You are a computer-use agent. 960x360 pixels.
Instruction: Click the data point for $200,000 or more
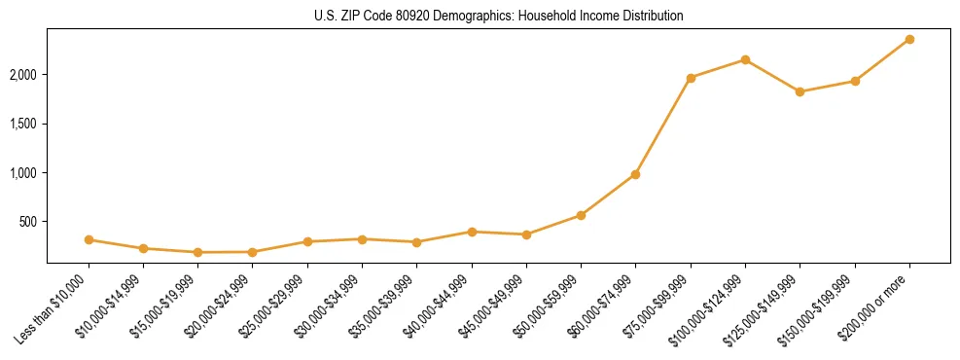pyautogui.click(x=909, y=39)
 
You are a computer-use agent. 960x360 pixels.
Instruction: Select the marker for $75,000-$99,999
pyautogui.click(x=691, y=78)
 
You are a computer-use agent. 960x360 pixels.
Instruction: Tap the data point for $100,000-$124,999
pyautogui.click(x=745, y=59)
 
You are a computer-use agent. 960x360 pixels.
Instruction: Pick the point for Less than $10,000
pyautogui.click(x=89, y=239)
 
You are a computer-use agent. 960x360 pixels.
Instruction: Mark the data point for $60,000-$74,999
pyautogui.click(x=635, y=174)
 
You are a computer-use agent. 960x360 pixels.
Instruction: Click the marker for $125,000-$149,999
pyautogui.click(x=800, y=91)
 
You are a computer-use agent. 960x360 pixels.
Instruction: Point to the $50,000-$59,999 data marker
pyautogui.click(x=581, y=215)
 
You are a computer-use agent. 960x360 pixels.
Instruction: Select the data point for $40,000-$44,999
pyautogui.click(x=472, y=232)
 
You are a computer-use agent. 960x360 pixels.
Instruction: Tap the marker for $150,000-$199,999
pyautogui.click(x=855, y=81)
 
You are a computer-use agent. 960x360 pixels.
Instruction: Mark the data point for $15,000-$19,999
pyautogui.click(x=198, y=252)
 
